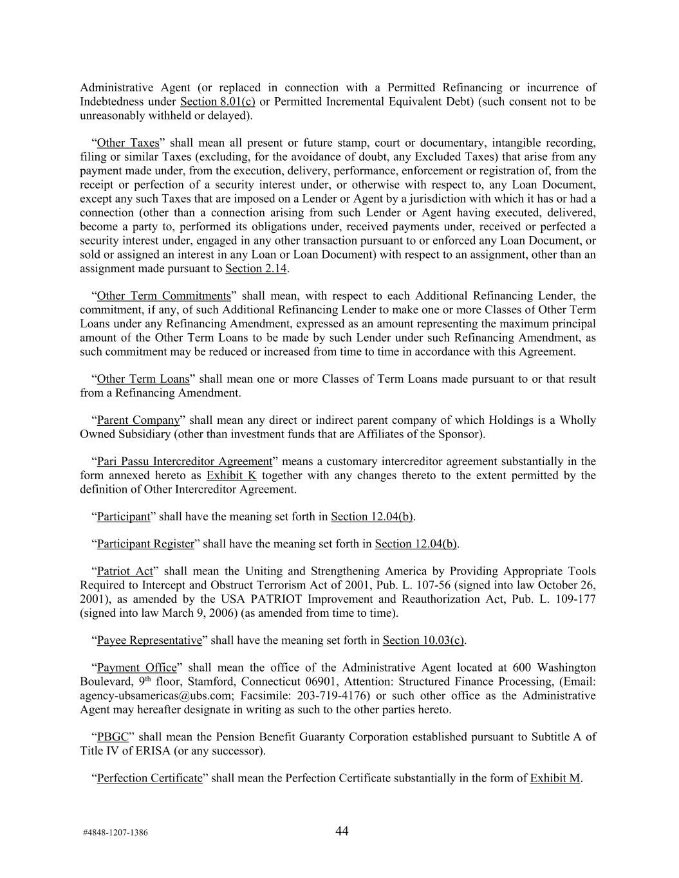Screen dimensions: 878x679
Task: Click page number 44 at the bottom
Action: (342, 831)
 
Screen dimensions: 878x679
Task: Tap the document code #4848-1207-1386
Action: (115, 832)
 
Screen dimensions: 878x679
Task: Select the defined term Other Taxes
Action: (127, 143)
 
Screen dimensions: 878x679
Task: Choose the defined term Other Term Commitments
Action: (163, 296)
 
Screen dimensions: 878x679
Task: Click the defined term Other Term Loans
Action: (143, 379)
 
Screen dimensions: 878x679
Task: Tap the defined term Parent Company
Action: (138, 420)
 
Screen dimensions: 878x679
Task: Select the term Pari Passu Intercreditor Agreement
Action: (184, 461)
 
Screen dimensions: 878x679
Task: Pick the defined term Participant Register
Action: (145, 544)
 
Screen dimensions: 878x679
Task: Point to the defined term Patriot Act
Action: (125, 571)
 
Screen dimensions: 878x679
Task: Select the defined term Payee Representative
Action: (149, 640)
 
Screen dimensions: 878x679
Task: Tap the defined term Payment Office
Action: (136, 668)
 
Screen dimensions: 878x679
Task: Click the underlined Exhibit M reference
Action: (555, 778)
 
